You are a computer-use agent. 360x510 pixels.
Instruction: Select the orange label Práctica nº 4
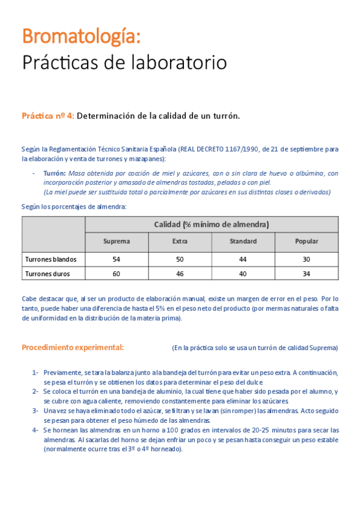point(48,116)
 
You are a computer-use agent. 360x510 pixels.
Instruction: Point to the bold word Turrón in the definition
point(54,173)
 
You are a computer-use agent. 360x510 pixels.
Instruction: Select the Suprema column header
point(116,241)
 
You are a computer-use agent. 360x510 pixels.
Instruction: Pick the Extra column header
point(180,241)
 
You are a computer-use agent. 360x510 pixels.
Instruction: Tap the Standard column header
point(243,241)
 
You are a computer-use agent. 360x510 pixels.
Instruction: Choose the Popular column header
point(307,241)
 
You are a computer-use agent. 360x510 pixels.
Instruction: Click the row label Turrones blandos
point(51,259)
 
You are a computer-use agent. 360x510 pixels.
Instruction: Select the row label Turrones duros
point(47,274)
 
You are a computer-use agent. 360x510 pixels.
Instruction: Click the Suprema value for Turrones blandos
point(116,259)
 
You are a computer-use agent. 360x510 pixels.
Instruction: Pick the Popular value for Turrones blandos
point(307,259)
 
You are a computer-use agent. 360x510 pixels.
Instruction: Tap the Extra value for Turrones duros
point(180,274)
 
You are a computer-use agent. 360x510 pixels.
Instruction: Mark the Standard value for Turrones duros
point(243,274)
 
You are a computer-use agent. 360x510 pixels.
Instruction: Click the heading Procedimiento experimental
point(73,348)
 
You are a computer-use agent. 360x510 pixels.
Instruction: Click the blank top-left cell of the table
point(53,233)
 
